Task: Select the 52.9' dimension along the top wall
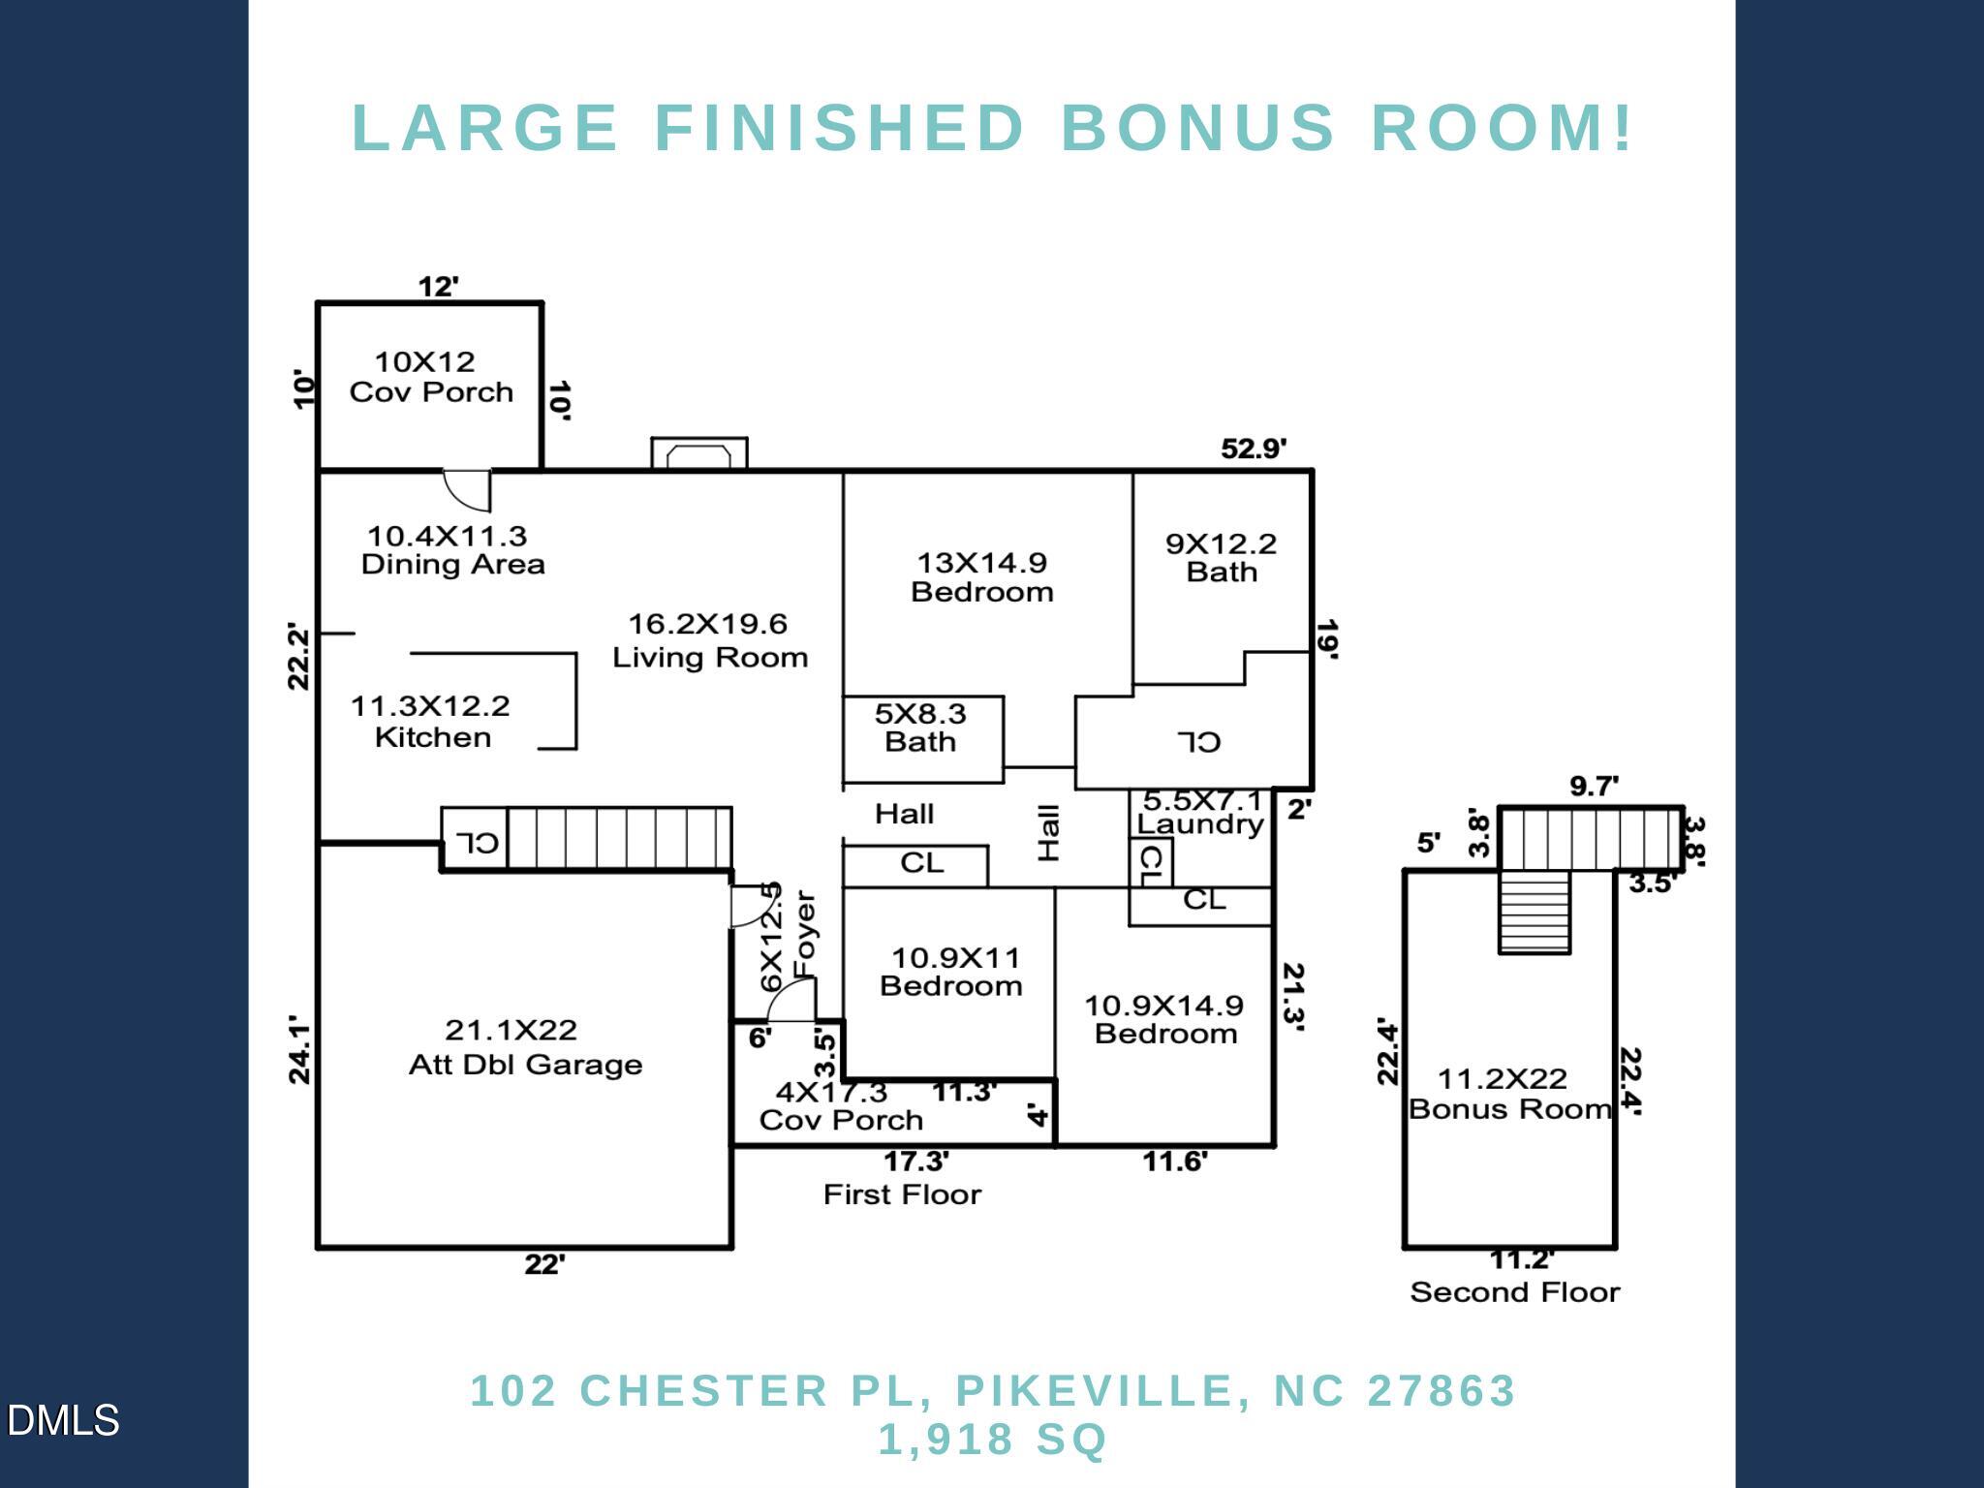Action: point(1254,449)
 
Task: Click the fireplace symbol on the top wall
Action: point(698,454)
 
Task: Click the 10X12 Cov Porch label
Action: point(431,377)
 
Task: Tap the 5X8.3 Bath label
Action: point(920,728)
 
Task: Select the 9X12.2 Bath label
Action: point(1221,557)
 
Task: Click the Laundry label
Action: point(1199,824)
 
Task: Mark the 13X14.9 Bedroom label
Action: point(981,576)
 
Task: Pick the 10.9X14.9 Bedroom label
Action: point(1164,1019)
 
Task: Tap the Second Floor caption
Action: point(1514,1291)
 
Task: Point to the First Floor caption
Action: point(902,1193)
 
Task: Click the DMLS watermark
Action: point(63,1420)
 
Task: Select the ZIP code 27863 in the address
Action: point(1441,1390)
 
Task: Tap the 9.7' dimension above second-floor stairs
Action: point(1594,787)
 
